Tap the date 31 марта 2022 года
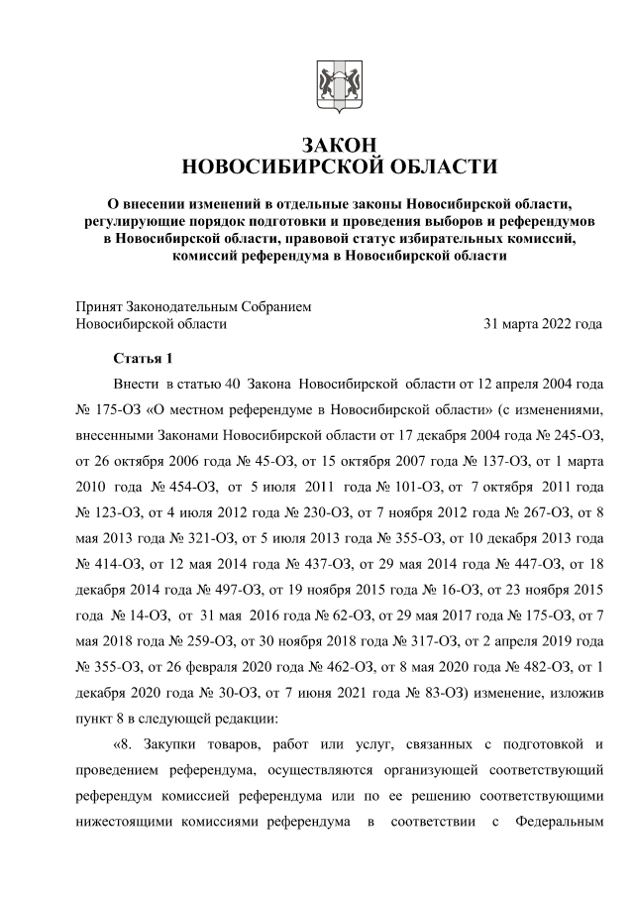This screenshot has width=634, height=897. pos(542,323)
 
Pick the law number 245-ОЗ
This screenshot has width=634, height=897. pos(574,434)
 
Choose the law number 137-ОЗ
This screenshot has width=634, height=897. pos(488,460)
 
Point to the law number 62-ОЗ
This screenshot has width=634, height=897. pos(306,615)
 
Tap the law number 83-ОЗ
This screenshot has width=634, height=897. pos(370,692)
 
